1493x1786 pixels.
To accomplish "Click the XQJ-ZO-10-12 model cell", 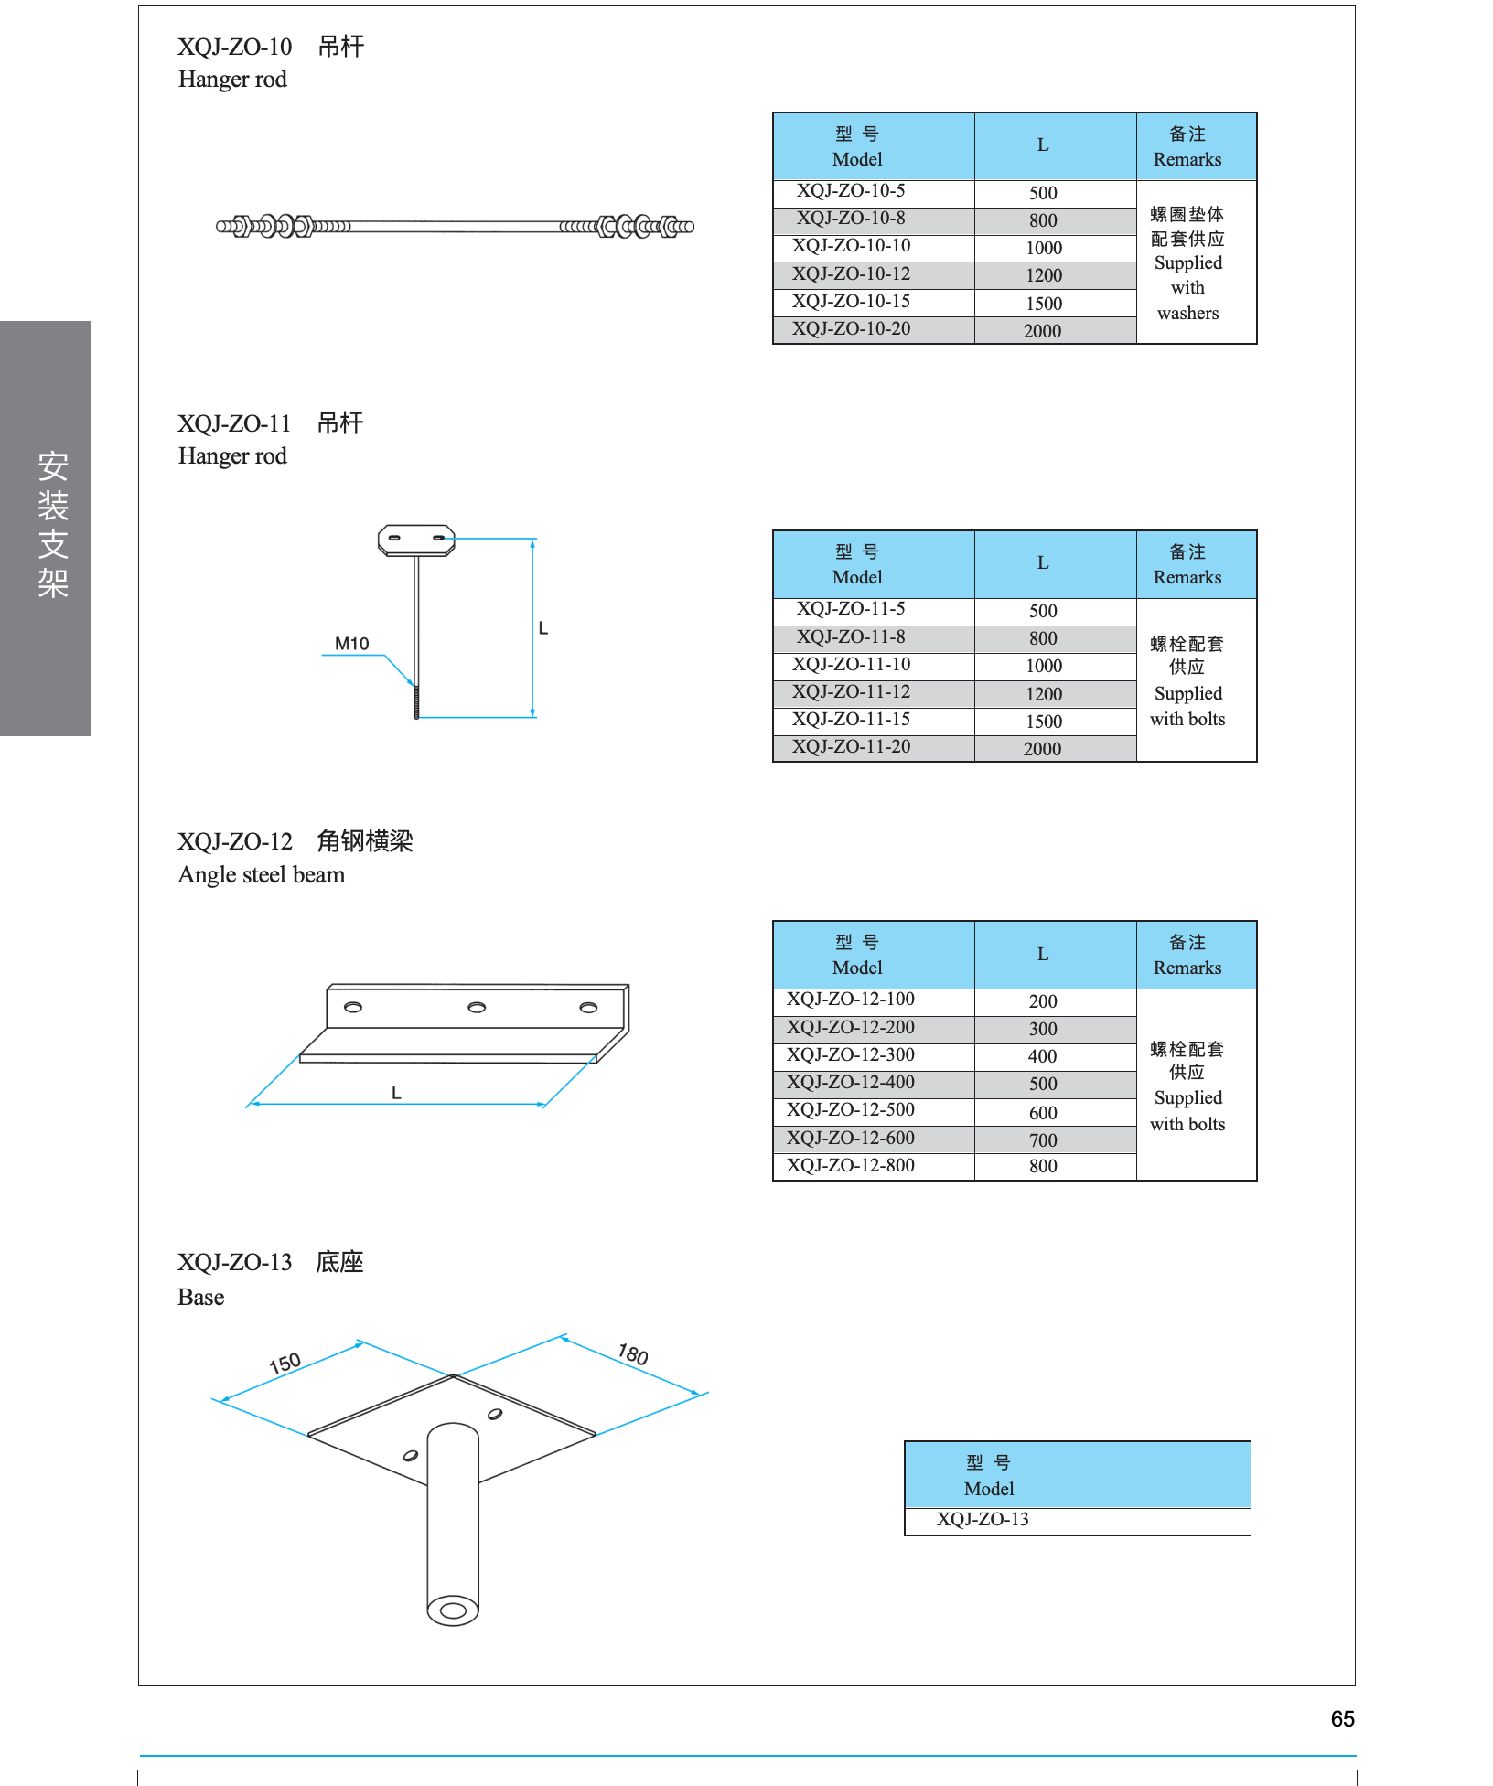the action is point(851,273).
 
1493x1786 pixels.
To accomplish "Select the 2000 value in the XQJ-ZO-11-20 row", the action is point(1042,749).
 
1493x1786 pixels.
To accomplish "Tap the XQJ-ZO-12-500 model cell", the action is point(851,1110).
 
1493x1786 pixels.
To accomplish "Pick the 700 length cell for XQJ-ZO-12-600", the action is point(1043,1140).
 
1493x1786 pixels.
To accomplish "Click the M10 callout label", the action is point(351,644).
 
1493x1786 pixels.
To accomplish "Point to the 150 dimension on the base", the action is point(285,1364).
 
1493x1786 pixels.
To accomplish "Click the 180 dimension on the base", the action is point(633,1354).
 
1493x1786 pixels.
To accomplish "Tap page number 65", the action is point(1342,1719).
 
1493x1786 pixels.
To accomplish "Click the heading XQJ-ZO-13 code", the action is point(235,1263).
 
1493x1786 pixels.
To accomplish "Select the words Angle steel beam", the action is point(262,875).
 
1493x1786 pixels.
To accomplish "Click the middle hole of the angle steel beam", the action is point(477,1008).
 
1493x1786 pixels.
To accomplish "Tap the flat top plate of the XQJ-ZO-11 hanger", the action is point(416,540).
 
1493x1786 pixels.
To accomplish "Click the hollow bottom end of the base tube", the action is point(453,1610).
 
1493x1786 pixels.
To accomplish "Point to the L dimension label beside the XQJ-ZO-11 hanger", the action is point(543,628).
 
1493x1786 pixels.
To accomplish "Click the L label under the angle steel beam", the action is point(396,1093).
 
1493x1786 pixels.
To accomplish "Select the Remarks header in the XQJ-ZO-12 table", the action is point(1187,968).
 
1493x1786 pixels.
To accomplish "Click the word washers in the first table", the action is point(1187,313).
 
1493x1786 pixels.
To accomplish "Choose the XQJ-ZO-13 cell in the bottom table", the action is point(983,1519).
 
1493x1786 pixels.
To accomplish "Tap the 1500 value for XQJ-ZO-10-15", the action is point(1044,304).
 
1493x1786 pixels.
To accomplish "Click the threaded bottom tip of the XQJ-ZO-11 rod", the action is point(416,716).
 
